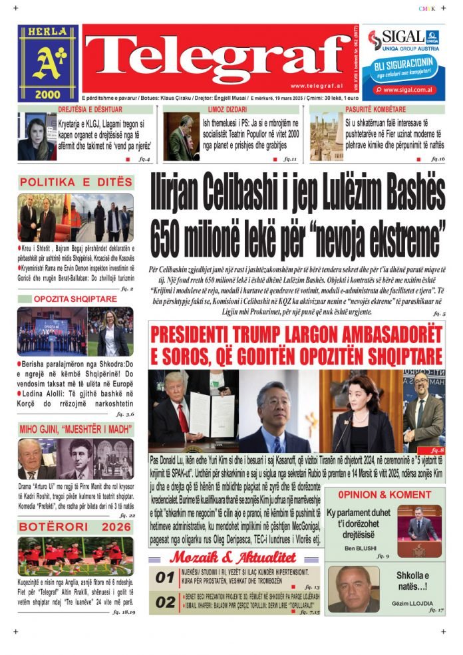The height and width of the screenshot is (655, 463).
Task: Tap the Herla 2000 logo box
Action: (x=47, y=63)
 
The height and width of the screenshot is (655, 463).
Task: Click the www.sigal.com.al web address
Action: (x=408, y=90)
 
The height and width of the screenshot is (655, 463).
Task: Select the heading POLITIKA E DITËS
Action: (x=76, y=182)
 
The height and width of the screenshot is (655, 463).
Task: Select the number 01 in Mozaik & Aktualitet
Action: (x=165, y=578)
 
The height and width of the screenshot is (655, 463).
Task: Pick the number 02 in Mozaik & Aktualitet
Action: (x=165, y=602)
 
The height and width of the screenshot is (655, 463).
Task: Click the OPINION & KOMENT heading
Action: (x=384, y=495)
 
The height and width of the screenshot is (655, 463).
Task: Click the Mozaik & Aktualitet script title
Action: (x=232, y=557)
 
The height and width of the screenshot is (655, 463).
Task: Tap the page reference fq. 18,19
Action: (x=122, y=611)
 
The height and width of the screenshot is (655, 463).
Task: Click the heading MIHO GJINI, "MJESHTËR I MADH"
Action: (x=75, y=429)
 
